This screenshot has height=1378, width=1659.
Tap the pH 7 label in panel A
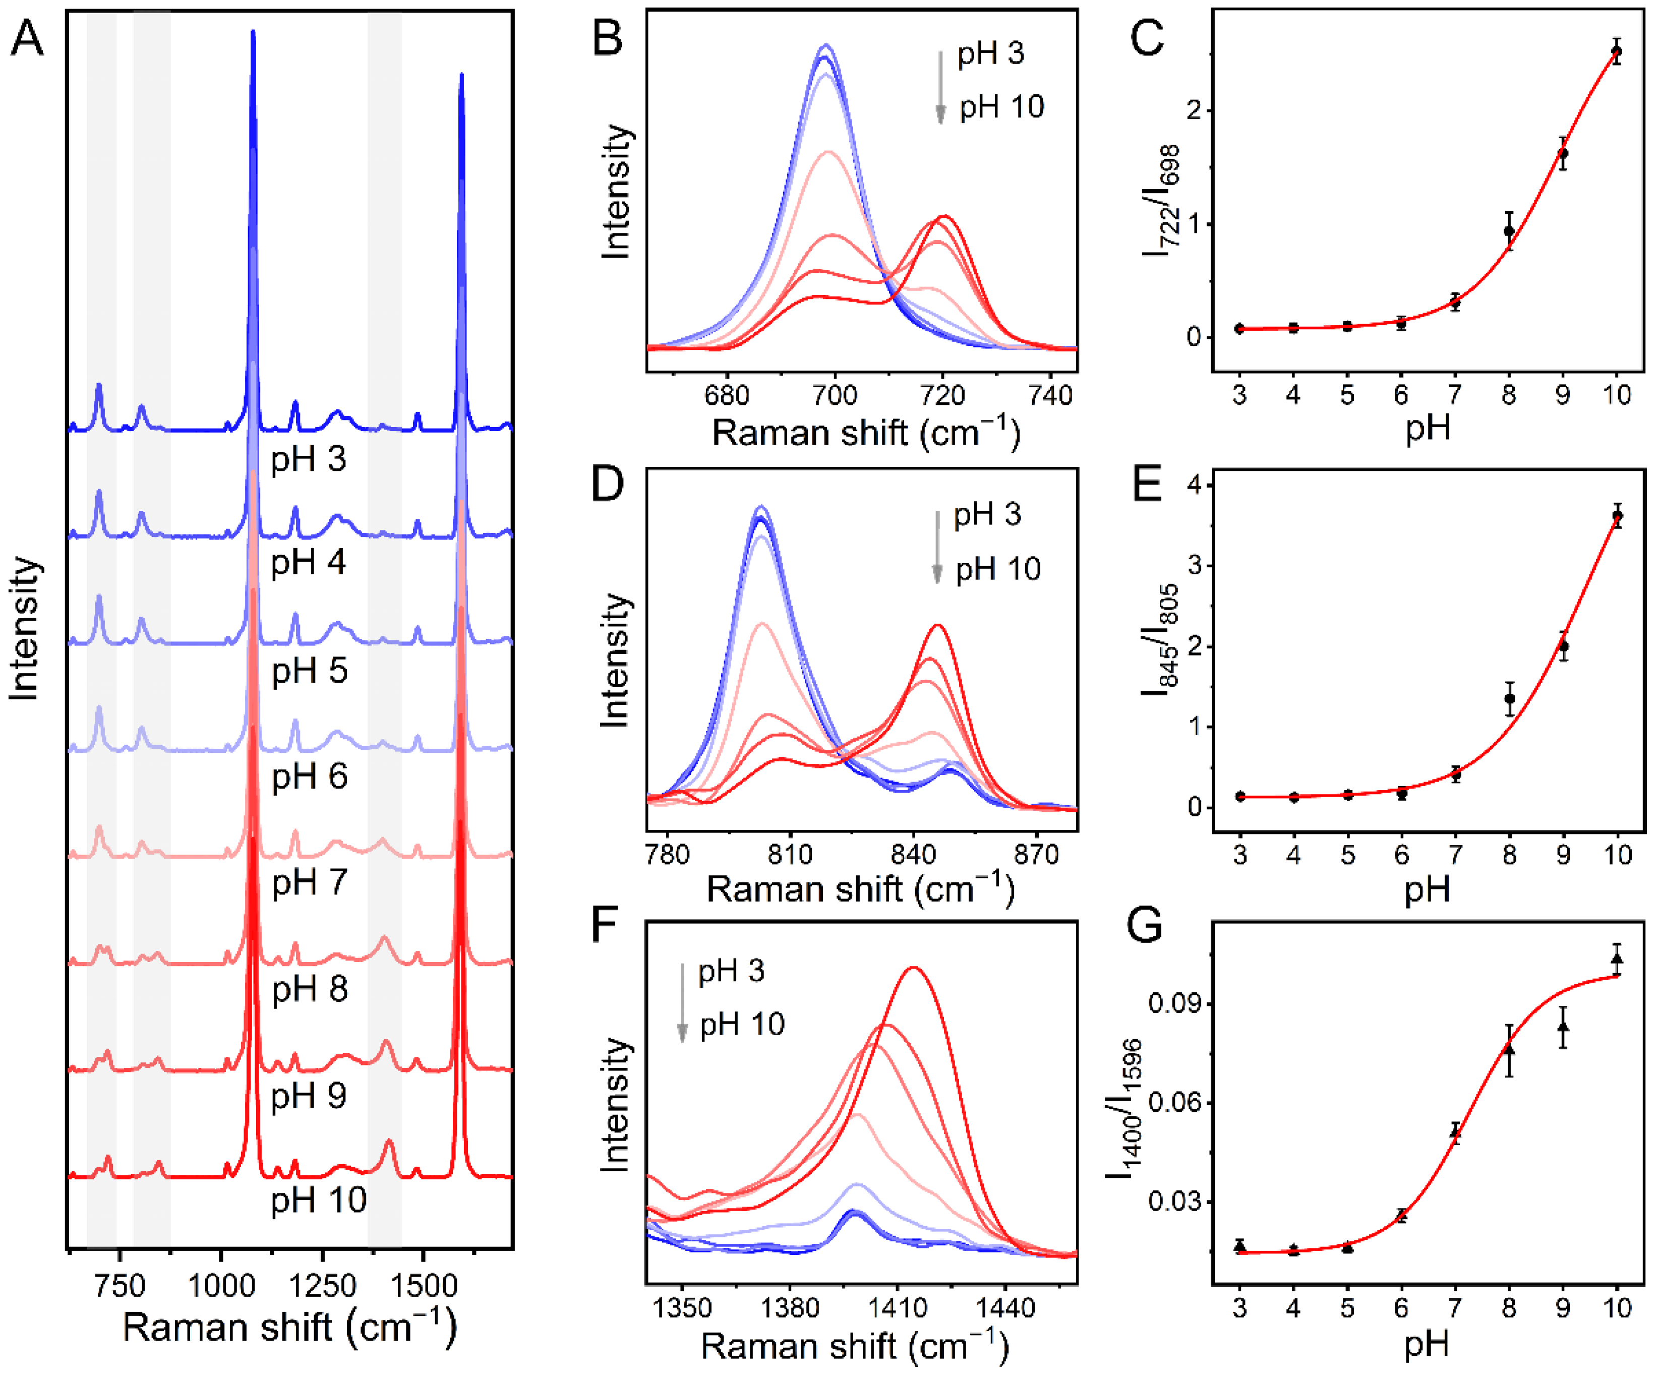309,882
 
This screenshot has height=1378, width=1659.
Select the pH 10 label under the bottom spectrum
318,1200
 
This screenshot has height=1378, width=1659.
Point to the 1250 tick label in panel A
322,1286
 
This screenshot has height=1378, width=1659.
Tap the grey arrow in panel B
940,87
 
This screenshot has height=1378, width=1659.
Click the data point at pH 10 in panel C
1616,52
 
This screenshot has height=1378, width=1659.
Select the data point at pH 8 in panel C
1509,231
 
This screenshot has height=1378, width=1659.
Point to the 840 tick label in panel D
913,854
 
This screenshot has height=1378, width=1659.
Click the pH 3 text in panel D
987,514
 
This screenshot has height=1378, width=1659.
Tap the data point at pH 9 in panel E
1563,646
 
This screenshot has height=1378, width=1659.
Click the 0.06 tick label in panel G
1175,1102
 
